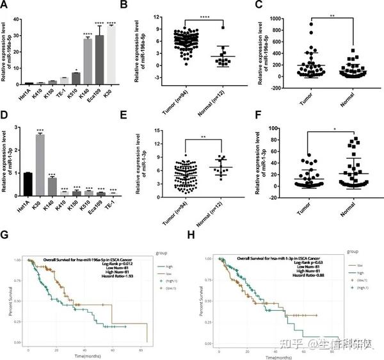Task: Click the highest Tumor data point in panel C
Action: tap(294, 24)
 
